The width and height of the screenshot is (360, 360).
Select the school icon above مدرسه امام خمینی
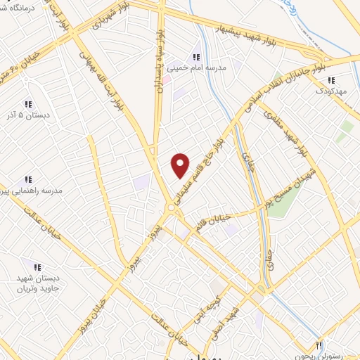[196, 56]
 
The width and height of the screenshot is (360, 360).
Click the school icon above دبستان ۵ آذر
[28, 103]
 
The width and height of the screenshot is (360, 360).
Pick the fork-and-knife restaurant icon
[319, 345]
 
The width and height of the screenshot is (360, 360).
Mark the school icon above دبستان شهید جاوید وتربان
[36, 266]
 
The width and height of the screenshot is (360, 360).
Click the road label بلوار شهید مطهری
[295, 134]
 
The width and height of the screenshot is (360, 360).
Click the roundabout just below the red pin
[172, 208]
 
